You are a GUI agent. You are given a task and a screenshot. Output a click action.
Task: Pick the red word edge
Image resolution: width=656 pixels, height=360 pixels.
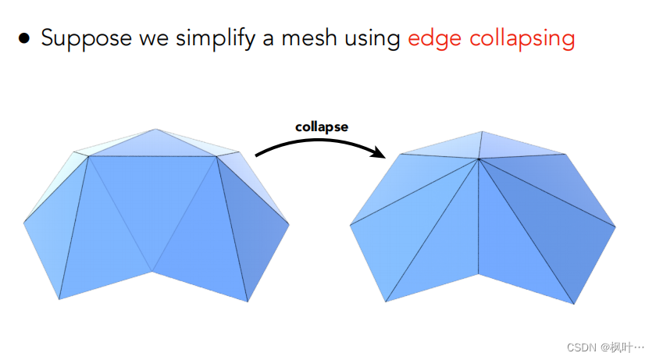coord(433,38)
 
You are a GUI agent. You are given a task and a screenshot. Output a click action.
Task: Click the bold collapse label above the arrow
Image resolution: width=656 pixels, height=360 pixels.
coord(321,127)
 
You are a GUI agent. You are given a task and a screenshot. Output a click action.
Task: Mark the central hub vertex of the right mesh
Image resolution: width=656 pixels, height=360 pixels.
coord(478,160)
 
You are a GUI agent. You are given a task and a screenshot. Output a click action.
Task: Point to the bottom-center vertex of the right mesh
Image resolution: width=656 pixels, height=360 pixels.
coord(478,274)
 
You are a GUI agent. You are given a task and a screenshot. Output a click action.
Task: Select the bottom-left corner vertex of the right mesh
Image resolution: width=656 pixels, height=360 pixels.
coord(385,302)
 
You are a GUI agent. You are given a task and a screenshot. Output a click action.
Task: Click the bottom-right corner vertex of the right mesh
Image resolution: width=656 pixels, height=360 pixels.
coord(575,304)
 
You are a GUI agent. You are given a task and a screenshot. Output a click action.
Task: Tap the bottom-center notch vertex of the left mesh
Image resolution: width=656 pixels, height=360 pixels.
coord(153,272)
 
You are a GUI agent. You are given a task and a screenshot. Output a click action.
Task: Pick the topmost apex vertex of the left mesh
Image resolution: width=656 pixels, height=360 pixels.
coord(155,129)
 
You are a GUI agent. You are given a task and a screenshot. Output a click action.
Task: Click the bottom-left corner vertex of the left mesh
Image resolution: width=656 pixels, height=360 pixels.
coord(59,299)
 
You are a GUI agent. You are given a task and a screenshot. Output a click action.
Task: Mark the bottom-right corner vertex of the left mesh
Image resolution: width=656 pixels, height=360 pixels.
coord(248,301)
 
